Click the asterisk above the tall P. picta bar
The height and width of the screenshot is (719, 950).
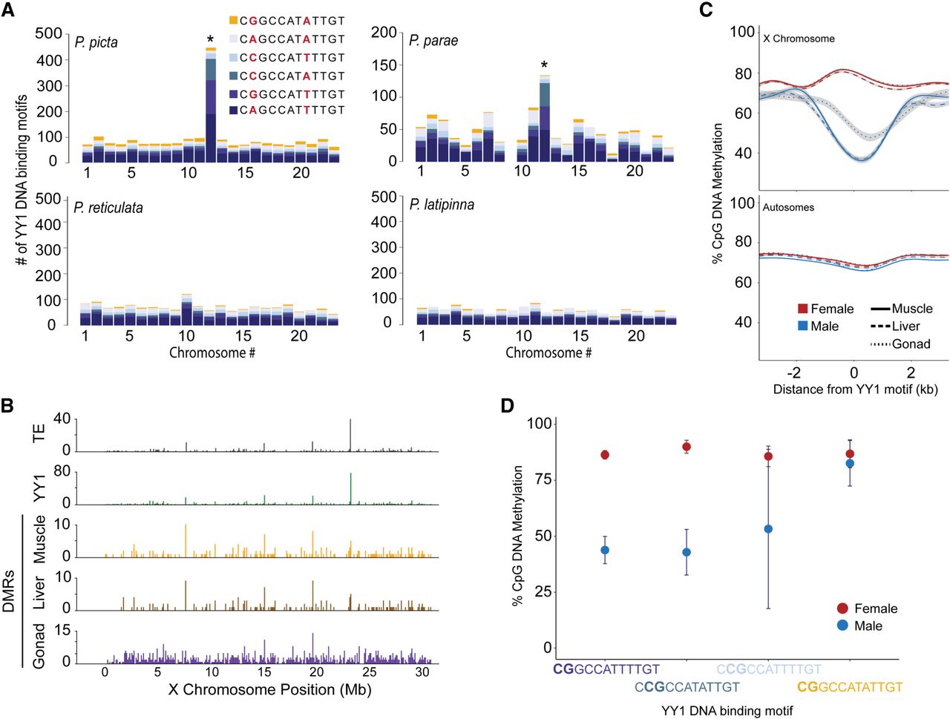[x=211, y=39]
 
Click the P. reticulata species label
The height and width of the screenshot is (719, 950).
[x=108, y=208]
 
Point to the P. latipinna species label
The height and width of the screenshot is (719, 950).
[x=442, y=204]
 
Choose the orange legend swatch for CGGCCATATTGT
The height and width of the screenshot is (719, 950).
[x=233, y=21]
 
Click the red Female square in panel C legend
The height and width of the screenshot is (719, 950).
[x=802, y=309]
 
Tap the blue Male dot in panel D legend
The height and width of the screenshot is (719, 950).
[x=842, y=626]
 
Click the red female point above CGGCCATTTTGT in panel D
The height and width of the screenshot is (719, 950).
[x=605, y=455]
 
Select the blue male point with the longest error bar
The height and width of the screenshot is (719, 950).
[x=768, y=529]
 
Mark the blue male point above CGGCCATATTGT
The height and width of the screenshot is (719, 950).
[x=850, y=463]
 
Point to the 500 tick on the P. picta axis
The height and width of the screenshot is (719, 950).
[x=49, y=33]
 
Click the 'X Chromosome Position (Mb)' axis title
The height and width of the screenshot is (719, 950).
[x=269, y=690]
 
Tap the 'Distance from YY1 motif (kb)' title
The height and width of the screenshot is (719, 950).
[x=855, y=389]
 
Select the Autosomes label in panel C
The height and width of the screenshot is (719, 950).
[x=788, y=208]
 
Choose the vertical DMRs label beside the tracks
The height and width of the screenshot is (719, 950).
[x=9, y=591]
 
